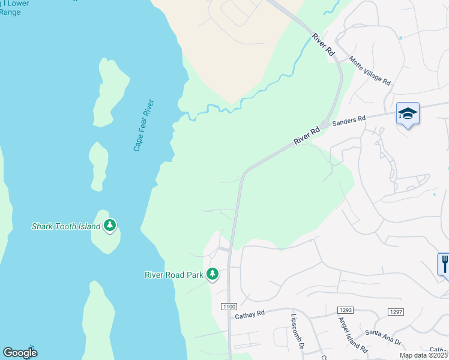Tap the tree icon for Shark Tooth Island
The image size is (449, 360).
click(109, 226)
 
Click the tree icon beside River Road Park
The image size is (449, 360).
click(212, 274)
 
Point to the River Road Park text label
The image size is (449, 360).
click(175, 275)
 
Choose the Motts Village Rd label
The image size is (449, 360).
click(370, 73)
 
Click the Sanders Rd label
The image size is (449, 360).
click(349, 120)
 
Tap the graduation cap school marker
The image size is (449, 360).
click(408, 113)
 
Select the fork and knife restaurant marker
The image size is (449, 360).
click(444, 262)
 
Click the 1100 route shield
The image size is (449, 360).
click(229, 307)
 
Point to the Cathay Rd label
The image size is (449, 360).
click(250, 314)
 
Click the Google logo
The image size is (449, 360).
click(20, 353)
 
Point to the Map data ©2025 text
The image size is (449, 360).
click(424, 355)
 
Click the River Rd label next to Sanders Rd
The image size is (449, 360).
click(307, 135)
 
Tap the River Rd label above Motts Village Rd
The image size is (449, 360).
click(322, 46)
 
